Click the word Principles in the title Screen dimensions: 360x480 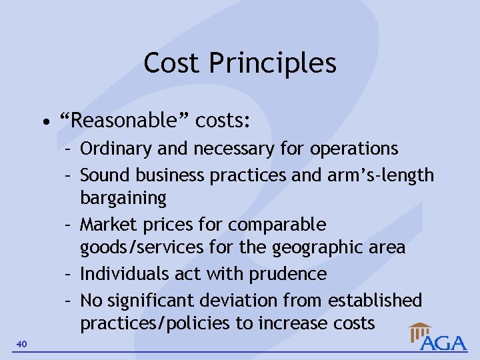273,63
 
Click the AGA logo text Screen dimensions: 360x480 443,343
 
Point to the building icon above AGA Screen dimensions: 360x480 421,331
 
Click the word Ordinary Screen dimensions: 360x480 116,149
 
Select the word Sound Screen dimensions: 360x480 106,175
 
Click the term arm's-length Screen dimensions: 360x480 381,175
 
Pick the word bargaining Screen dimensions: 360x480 123,198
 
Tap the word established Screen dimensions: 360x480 375,301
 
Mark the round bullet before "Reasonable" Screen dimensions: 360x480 45,122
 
